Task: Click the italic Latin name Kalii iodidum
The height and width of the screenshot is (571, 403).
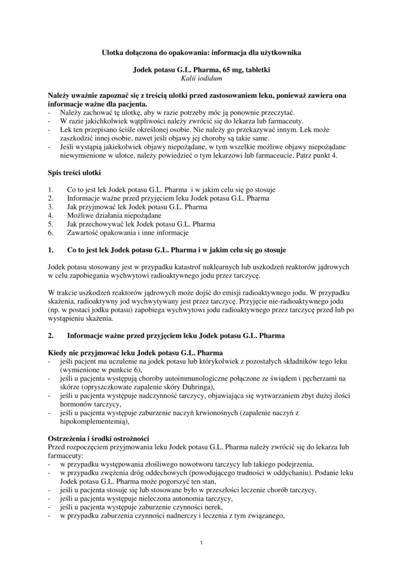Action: (x=202, y=80)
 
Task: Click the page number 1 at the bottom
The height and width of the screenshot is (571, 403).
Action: (x=202, y=543)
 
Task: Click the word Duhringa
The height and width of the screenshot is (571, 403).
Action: (x=197, y=388)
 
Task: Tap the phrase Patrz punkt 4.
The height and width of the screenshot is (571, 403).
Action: (x=321, y=156)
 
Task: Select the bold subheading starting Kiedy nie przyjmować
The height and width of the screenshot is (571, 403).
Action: (x=136, y=354)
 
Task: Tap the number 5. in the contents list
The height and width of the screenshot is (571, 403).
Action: (x=51, y=224)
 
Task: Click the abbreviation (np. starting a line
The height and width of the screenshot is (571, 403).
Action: (x=55, y=309)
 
